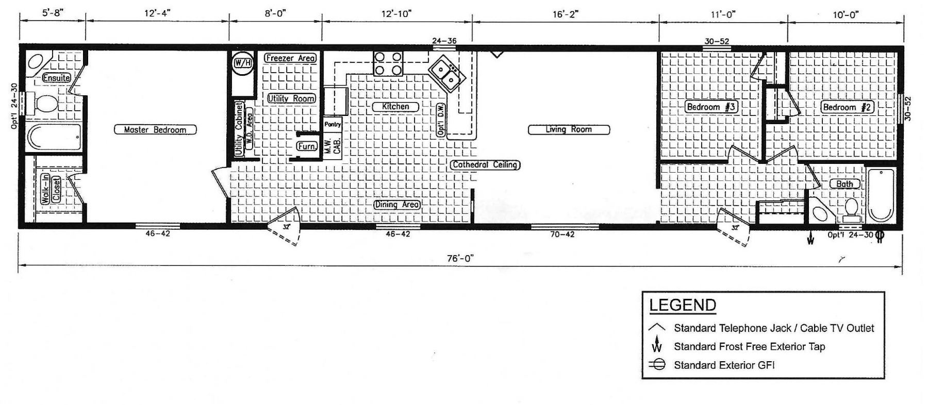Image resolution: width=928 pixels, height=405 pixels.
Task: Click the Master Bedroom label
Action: click(x=155, y=130)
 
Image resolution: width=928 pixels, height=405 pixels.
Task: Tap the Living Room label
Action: click(x=569, y=129)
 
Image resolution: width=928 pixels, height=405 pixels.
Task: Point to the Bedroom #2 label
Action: click(x=847, y=107)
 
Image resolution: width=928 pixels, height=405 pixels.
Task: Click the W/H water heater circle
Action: click(x=242, y=63)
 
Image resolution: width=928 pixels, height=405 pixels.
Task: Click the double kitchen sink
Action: click(x=446, y=74)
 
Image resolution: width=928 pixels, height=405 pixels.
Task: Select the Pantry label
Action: click(x=333, y=124)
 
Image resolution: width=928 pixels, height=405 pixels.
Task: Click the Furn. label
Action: click(x=307, y=146)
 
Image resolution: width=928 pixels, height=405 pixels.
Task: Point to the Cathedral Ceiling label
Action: click(x=485, y=165)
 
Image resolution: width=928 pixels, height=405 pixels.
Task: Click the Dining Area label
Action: click(x=396, y=205)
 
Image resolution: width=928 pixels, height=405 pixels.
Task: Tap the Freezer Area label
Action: click(x=290, y=58)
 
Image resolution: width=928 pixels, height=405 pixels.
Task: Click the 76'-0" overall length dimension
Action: click(x=460, y=259)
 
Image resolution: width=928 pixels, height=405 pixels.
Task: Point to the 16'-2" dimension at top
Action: click(x=565, y=14)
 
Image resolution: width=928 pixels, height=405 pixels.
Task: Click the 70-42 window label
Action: click(x=562, y=234)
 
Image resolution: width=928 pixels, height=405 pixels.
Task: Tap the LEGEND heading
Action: click(x=683, y=306)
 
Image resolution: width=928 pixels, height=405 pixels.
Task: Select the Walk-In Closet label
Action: click(x=51, y=189)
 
